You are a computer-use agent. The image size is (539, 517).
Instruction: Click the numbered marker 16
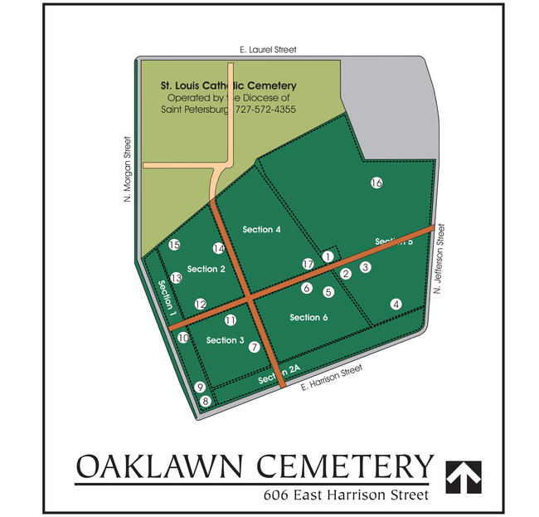pyautogui.click(x=376, y=183)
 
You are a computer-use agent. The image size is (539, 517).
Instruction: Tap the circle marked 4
pyautogui.click(x=396, y=304)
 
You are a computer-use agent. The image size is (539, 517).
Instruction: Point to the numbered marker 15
pyautogui.click(x=174, y=245)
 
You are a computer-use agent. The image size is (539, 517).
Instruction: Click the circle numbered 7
pyautogui.click(x=255, y=347)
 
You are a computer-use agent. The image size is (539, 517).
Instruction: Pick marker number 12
pyautogui.click(x=200, y=305)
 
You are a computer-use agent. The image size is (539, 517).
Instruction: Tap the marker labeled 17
pyautogui.click(x=308, y=264)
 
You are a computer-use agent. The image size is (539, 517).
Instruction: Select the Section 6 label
pyautogui.click(x=308, y=317)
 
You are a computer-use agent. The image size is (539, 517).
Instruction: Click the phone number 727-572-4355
pyautogui.click(x=259, y=109)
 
